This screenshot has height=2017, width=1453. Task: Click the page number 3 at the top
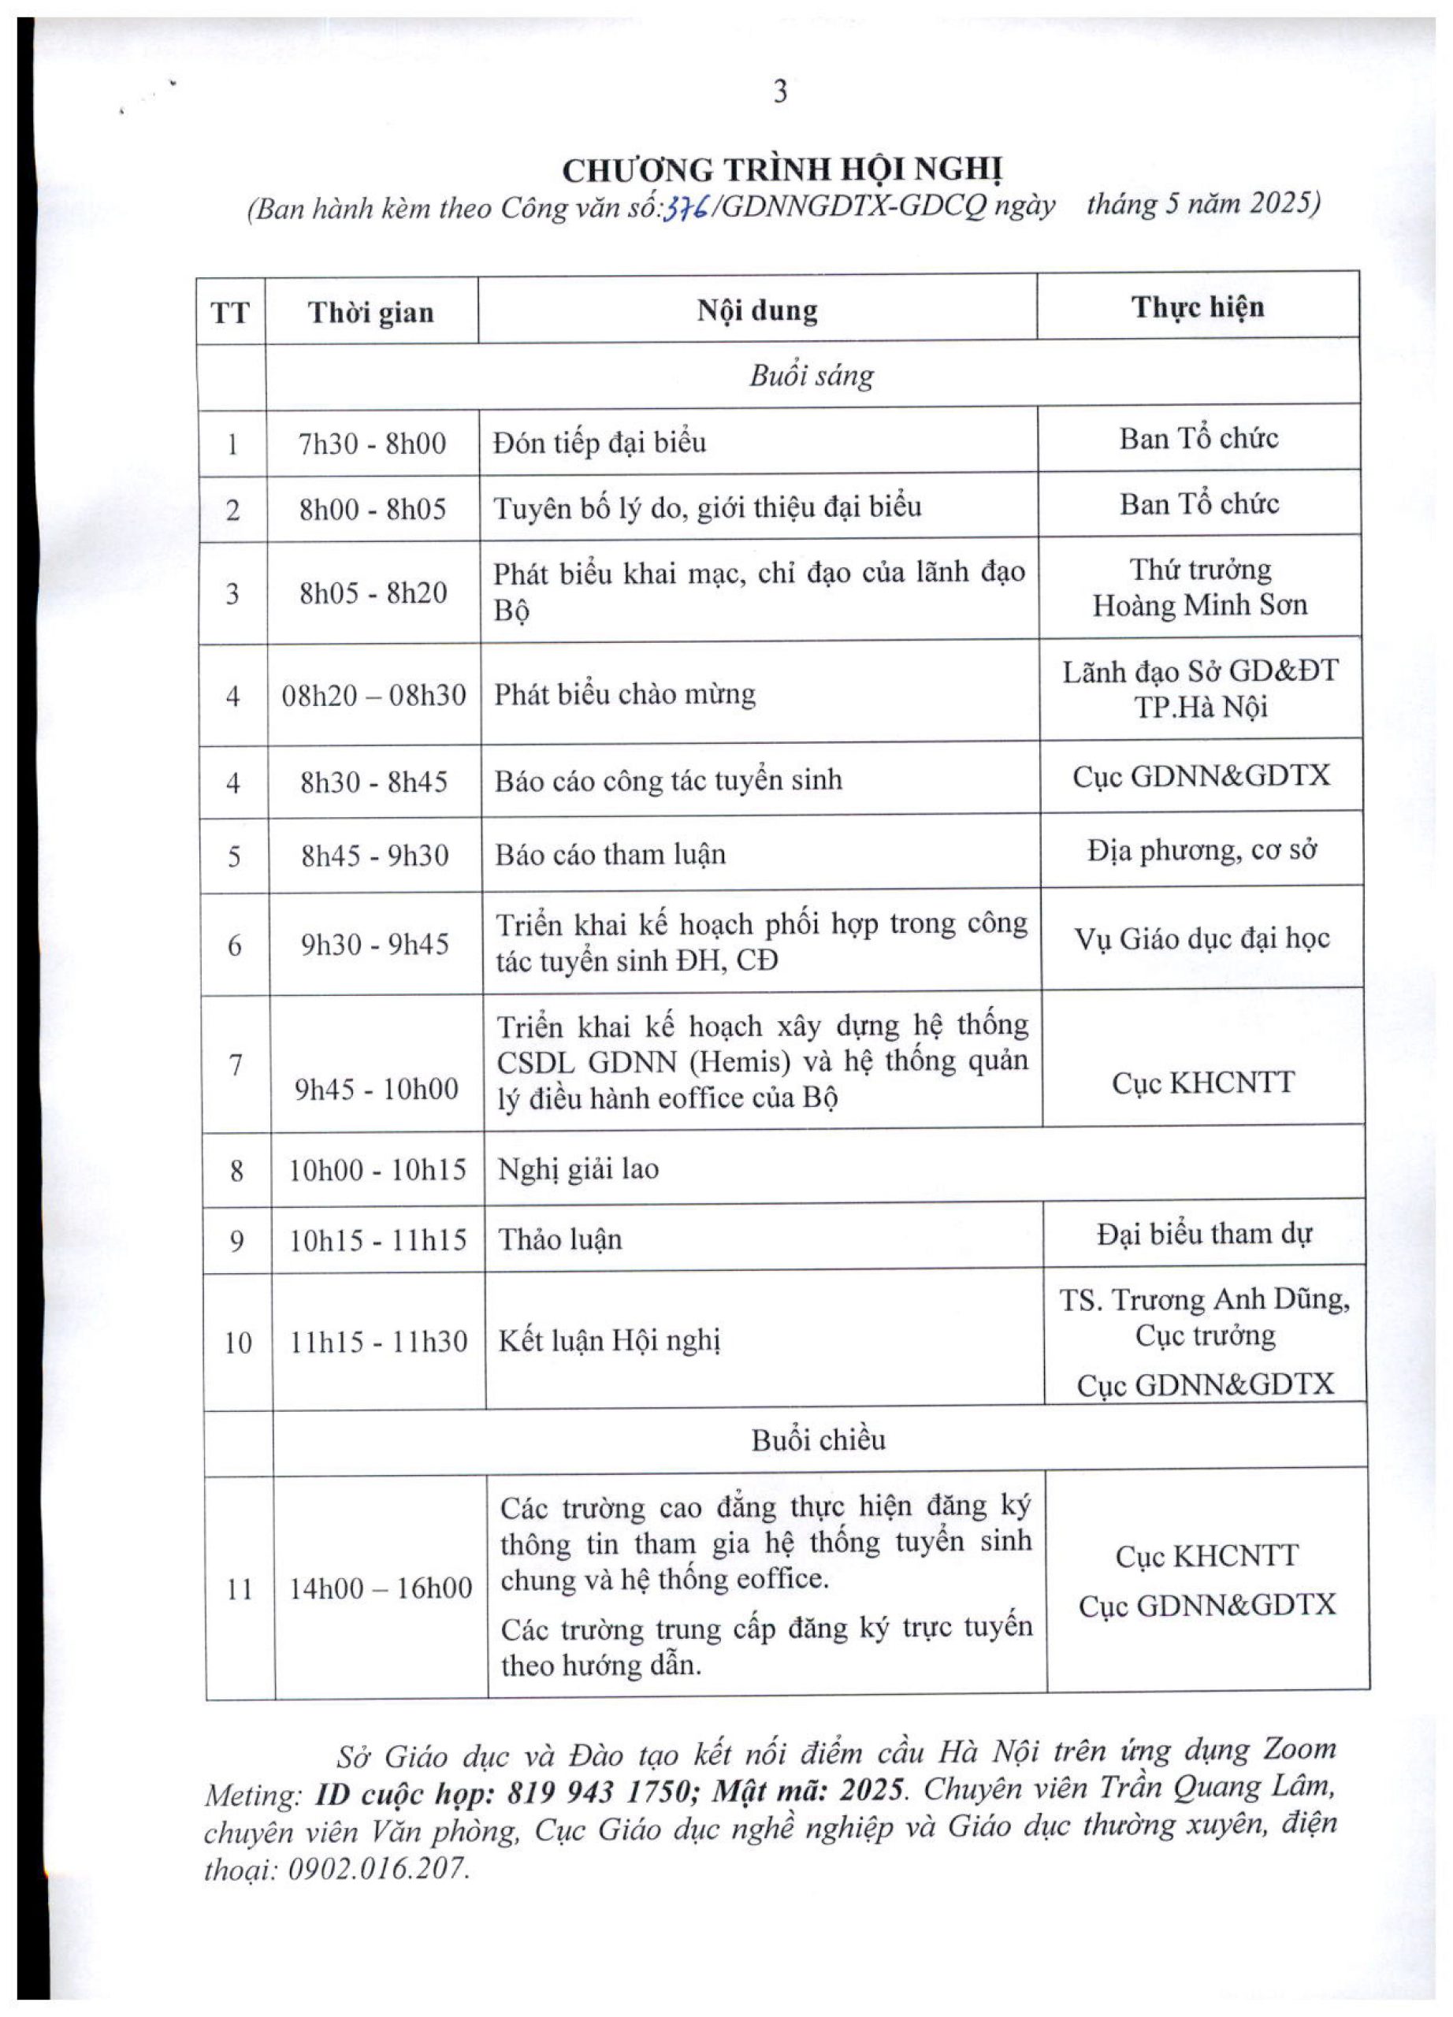(780, 92)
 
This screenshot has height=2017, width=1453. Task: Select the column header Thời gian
(371, 312)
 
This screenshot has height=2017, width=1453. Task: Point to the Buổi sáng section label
(811, 375)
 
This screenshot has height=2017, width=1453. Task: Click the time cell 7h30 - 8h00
(372, 443)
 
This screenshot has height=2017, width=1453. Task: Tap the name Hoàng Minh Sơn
(1199, 606)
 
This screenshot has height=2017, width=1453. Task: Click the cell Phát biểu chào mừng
(624, 693)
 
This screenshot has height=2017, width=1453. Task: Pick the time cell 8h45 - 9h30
(374, 856)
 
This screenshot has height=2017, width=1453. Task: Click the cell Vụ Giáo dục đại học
(1202, 939)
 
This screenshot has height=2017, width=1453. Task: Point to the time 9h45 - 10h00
(376, 1089)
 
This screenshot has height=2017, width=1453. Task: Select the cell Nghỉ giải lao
(578, 1168)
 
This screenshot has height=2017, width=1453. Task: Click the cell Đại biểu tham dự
(1204, 1235)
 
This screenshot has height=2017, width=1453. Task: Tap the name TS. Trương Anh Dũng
(1204, 1300)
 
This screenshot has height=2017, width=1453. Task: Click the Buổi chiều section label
(818, 1439)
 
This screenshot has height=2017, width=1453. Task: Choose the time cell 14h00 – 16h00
(381, 1588)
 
